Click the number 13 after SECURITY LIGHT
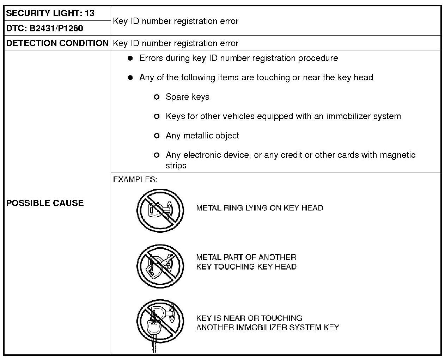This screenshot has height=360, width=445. pos(90,13)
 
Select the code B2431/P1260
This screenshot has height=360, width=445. pos(56,28)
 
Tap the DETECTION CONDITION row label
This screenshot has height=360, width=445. pos(57,43)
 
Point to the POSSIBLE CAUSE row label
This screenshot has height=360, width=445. pos(45,203)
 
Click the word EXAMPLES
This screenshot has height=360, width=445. pos(135,179)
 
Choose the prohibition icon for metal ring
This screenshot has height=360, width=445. pos(160,210)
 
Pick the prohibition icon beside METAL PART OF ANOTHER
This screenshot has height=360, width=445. pos(160,266)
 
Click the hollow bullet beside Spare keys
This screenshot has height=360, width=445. pos(157,97)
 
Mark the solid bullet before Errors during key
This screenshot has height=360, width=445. pos(130,58)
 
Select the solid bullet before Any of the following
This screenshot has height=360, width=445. pos(130,77)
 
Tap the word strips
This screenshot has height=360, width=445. pos(176,166)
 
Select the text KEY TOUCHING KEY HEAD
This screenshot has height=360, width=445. pos(246,267)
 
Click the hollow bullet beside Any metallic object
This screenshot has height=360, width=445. pos(157,136)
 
